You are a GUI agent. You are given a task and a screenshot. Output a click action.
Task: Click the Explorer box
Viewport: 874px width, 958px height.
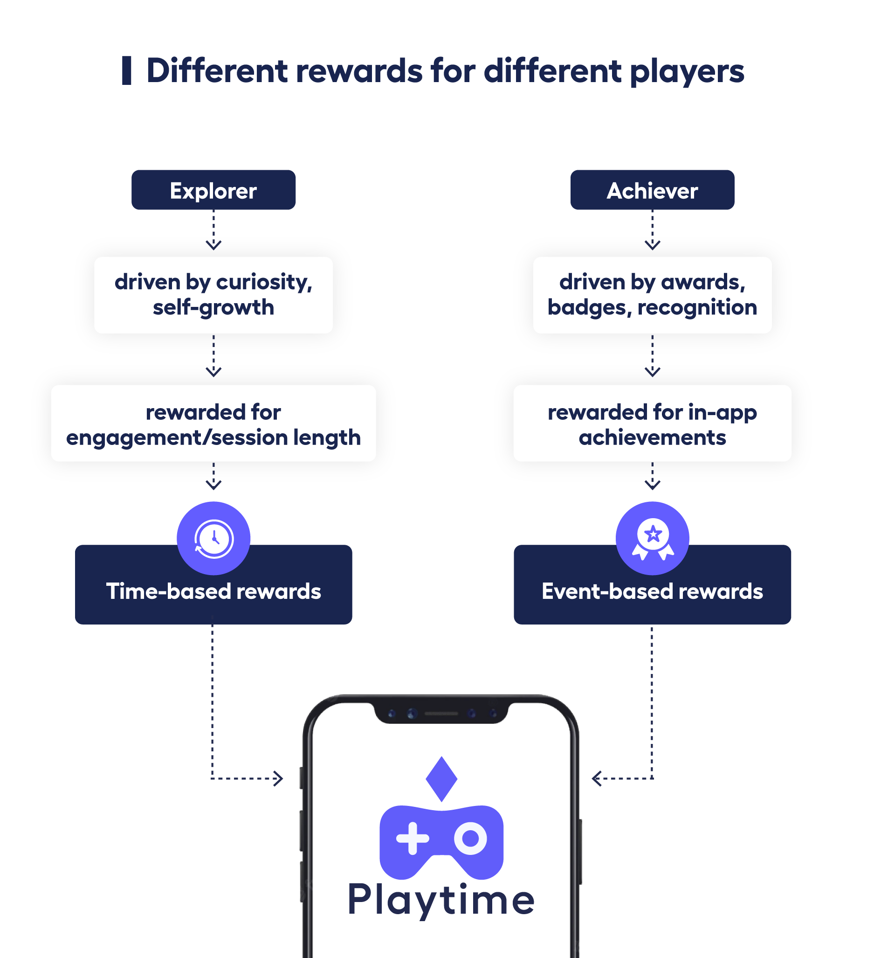click(x=213, y=190)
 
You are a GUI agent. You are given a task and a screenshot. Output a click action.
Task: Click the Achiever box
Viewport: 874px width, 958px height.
click(x=652, y=190)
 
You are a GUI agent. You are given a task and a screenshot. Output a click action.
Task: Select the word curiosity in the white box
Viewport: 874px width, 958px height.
click(x=264, y=282)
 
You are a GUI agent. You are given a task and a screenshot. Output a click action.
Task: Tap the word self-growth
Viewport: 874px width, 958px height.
click(x=213, y=307)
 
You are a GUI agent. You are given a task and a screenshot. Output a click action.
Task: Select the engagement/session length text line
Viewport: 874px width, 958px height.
click(x=213, y=437)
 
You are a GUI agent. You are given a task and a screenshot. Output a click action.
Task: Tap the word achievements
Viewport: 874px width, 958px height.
click(x=652, y=437)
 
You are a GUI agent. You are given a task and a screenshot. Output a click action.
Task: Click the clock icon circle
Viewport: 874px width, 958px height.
click(x=213, y=538)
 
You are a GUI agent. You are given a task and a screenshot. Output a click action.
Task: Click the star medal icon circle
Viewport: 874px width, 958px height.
click(x=652, y=538)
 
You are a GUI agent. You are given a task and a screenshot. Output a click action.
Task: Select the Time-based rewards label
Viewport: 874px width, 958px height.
click(x=213, y=591)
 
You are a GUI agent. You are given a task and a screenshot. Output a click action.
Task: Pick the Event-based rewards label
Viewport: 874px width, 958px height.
click(x=652, y=591)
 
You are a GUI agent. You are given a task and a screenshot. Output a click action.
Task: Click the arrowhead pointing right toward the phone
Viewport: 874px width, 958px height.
click(x=279, y=778)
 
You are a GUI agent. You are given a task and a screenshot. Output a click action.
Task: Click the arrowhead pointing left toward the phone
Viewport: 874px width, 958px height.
click(x=596, y=778)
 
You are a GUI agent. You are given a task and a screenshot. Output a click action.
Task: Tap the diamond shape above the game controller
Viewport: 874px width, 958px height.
click(x=441, y=778)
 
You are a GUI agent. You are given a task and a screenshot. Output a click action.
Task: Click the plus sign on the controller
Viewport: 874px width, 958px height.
click(x=413, y=838)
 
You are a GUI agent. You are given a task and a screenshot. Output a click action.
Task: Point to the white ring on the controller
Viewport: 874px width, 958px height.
click(x=470, y=838)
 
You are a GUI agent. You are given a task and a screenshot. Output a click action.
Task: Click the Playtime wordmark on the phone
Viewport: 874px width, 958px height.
click(x=441, y=899)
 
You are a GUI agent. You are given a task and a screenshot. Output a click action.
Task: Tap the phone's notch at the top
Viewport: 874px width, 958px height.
click(x=441, y=713)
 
